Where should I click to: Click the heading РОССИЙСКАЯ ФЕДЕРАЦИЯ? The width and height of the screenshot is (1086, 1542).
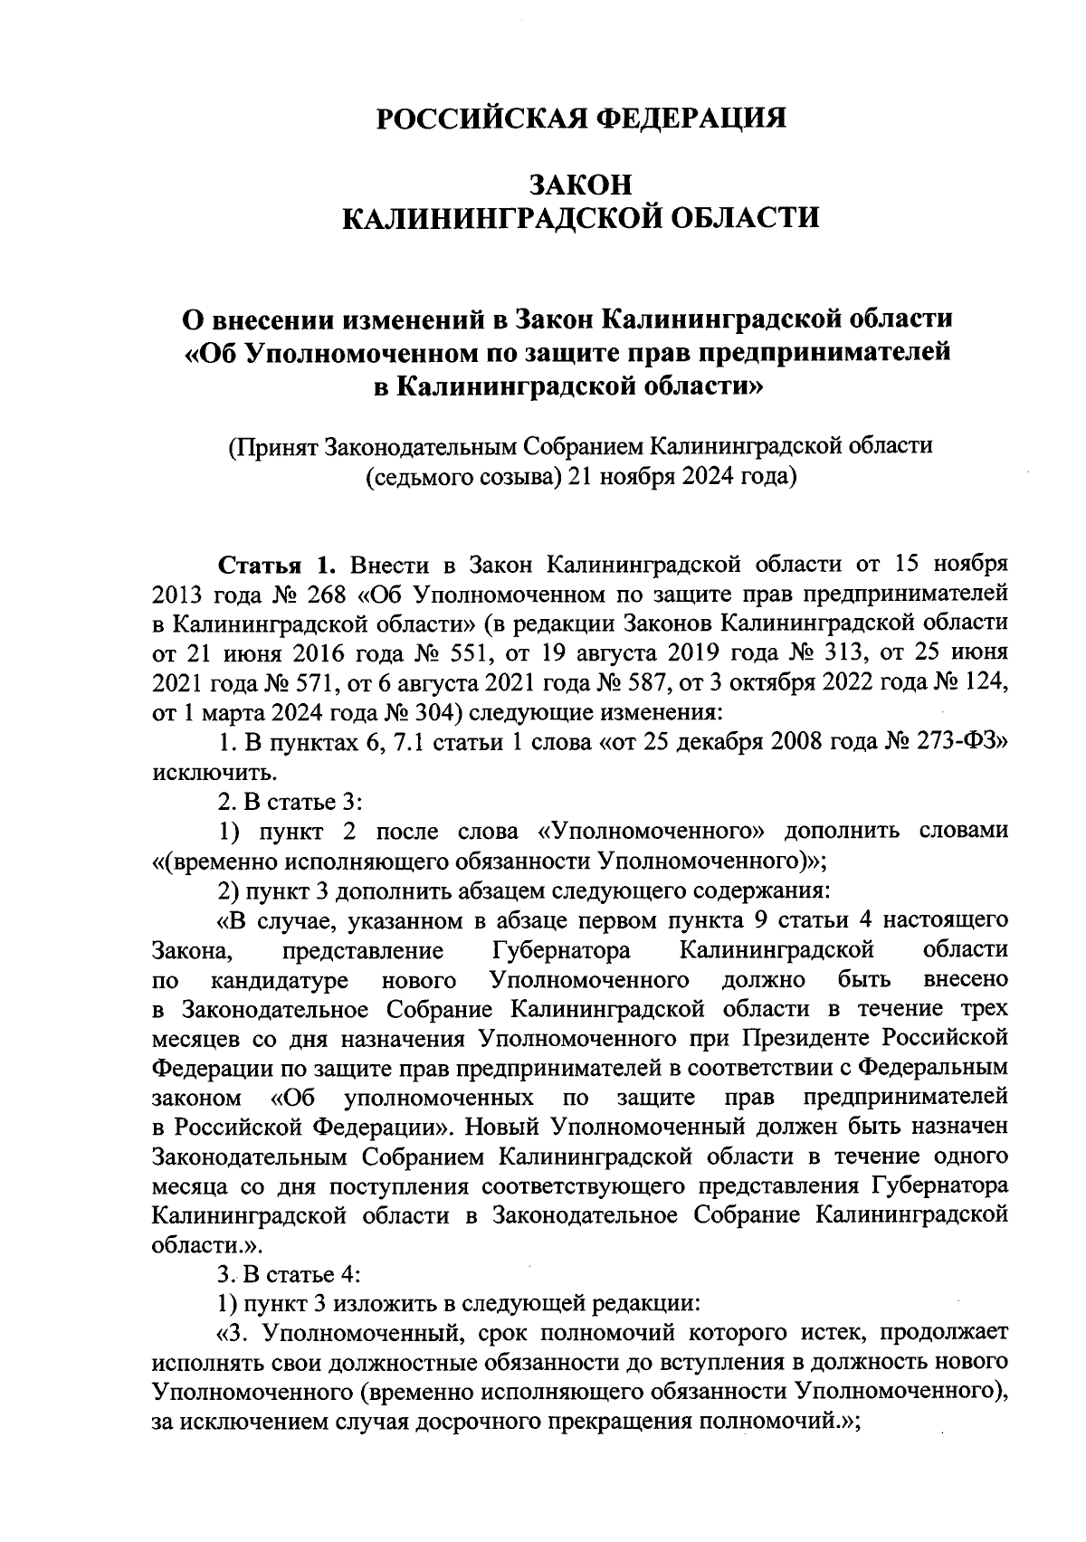point(580,119)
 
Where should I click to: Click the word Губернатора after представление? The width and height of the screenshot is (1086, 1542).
point(562,950)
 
